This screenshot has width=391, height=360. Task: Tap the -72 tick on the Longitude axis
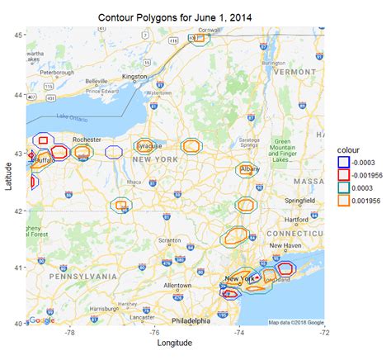[x=324, y=333]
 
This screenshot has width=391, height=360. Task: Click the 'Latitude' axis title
[x=7, y=177]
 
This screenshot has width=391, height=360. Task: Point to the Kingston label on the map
[x=134, y=77]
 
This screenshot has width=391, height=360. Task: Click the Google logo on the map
[x=40, y=320]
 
